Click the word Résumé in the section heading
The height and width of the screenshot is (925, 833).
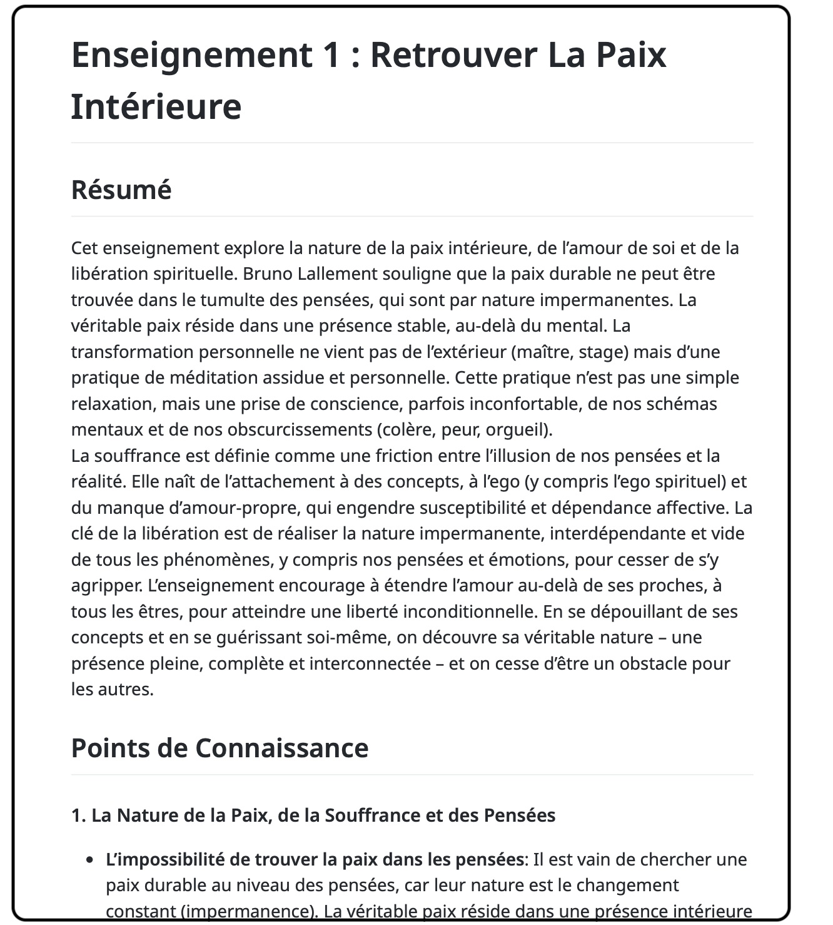pyautogui.click(x=121, y=190)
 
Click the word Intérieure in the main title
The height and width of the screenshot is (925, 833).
pyautogui.click(x=156, y=106)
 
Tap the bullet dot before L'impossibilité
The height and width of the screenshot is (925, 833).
pyautogui.click(x=91, y=860)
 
